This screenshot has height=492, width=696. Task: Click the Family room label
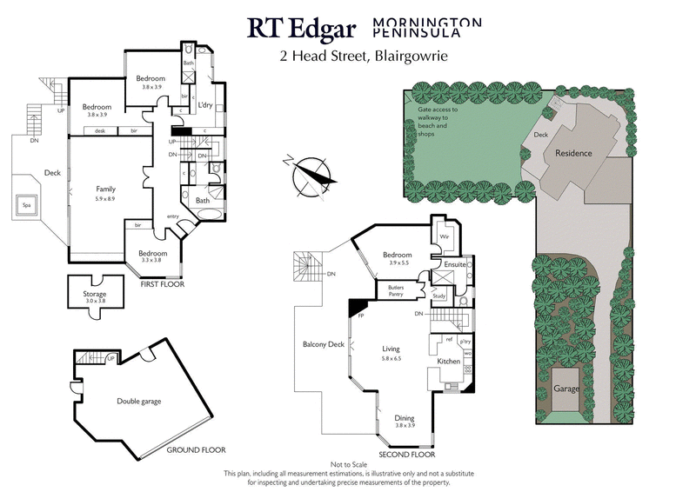[x=106, y=189]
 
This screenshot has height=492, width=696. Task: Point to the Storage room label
[x=95, y=295]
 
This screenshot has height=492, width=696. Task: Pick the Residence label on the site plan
[x=573, y=153]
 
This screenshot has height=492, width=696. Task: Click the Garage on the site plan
[x=566, y=389]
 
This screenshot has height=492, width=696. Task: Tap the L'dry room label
[x=205, y=105]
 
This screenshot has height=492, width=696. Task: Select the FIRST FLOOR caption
[x=163, y=283]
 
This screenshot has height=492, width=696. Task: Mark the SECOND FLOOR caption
[x=408, y=455]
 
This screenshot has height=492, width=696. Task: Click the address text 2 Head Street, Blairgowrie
[x=377, y=59]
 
